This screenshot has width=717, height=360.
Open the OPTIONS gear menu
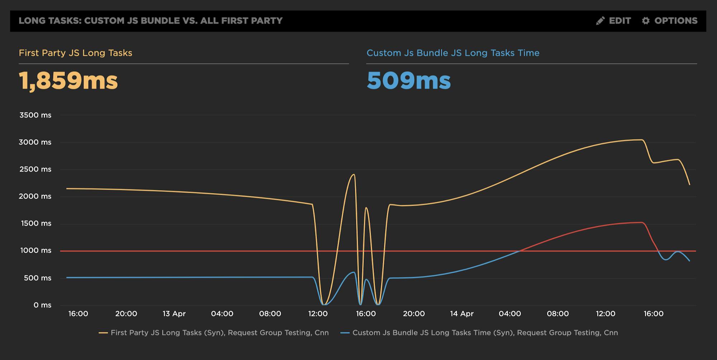point(670,21)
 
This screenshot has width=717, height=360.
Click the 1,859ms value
point(68,81)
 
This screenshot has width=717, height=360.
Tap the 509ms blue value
point(408,81)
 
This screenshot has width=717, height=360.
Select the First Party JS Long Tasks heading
point(75,53)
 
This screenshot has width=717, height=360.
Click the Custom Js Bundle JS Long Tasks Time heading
point(453,53)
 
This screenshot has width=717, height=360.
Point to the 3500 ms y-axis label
point(35,115)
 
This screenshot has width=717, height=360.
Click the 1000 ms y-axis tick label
point(35,251)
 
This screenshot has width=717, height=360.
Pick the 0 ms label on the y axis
point(42,305)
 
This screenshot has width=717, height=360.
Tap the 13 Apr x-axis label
point(174,314)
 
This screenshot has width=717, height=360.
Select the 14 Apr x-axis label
point(462,314)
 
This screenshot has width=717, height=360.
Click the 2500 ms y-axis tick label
point(35,169)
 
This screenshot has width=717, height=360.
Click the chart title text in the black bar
point(151,21)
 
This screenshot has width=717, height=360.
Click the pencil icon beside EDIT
point(600,21)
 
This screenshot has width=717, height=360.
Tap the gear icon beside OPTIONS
point(646,21)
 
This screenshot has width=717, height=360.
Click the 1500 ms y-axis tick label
point(35,223)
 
